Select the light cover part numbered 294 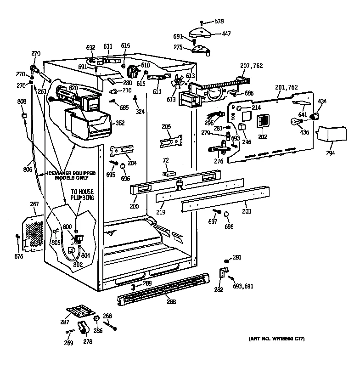(331, 135)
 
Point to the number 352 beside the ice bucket (120, 123)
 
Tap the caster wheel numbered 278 (83, 328)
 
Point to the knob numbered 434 (315, 117)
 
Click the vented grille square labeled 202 (262, 123)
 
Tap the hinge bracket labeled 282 (222, 274)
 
